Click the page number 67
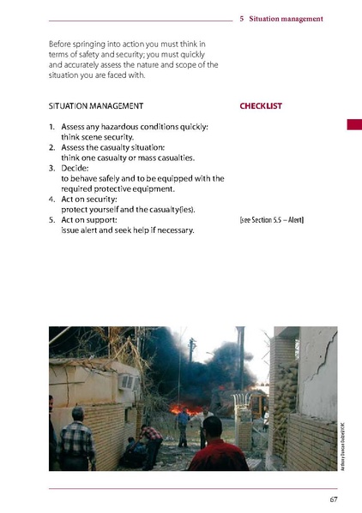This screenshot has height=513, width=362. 333,499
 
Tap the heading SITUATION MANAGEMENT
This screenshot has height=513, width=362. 96,106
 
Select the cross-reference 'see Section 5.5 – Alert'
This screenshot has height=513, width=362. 271,220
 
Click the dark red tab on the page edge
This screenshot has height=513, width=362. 353,125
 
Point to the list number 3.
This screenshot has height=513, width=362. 52,169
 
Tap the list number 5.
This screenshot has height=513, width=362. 52,220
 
